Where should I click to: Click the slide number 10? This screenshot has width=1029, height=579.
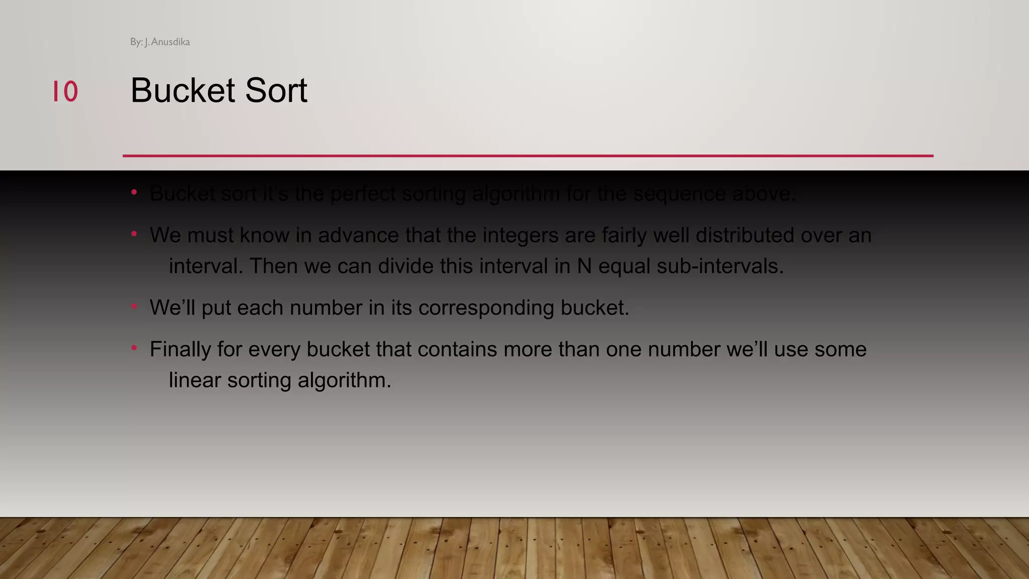click(65, 91)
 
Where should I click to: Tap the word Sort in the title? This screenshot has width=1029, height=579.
click(276, 91)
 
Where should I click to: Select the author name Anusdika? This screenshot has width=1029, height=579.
click(170, 42)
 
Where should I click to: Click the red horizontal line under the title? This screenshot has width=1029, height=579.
click(528, 156)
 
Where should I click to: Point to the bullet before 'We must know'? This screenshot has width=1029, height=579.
click(134, 234)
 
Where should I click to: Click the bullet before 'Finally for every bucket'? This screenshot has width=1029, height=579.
click(134, 348)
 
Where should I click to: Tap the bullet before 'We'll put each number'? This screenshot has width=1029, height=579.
click(134, 306)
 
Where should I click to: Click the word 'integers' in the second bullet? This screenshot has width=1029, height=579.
click(521, 236)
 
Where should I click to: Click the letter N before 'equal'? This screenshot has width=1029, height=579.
click(584, 266)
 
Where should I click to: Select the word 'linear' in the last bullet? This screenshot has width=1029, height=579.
click(195, 380)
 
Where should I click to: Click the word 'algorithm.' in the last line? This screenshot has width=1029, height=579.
click(344, 380)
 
